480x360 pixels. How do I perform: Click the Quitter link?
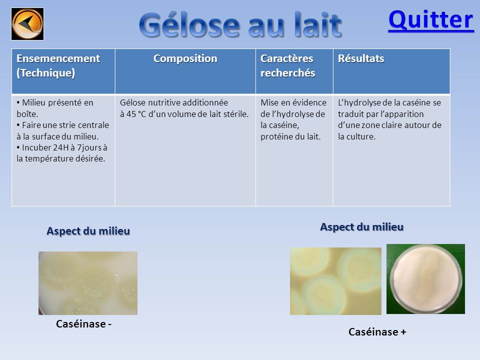tap(431, 20)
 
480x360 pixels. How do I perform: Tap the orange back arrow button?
tap(27, 24)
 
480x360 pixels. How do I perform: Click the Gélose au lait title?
tap(240, 25)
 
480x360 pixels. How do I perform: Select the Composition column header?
tap(185, 58)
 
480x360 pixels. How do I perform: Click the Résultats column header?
tap(361, 58)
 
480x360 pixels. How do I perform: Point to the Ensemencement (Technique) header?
tap(58, 65)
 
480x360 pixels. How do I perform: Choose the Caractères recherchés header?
tap(288, 65)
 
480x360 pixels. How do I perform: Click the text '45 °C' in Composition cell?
tap(136, 114)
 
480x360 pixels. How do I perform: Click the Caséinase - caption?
tap(83, 324)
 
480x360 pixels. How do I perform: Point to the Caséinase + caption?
tap(377, 332)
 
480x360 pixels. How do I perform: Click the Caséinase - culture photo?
tap(88, 283)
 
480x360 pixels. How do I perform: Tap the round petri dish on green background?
tap(426, 279)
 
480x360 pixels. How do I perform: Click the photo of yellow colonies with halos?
tap(336, 281)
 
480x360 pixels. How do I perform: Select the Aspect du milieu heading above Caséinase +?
tap(362, 227)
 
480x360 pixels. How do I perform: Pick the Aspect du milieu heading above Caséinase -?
tap(88, 231)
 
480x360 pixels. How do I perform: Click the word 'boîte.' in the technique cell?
tap(27, 114)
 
